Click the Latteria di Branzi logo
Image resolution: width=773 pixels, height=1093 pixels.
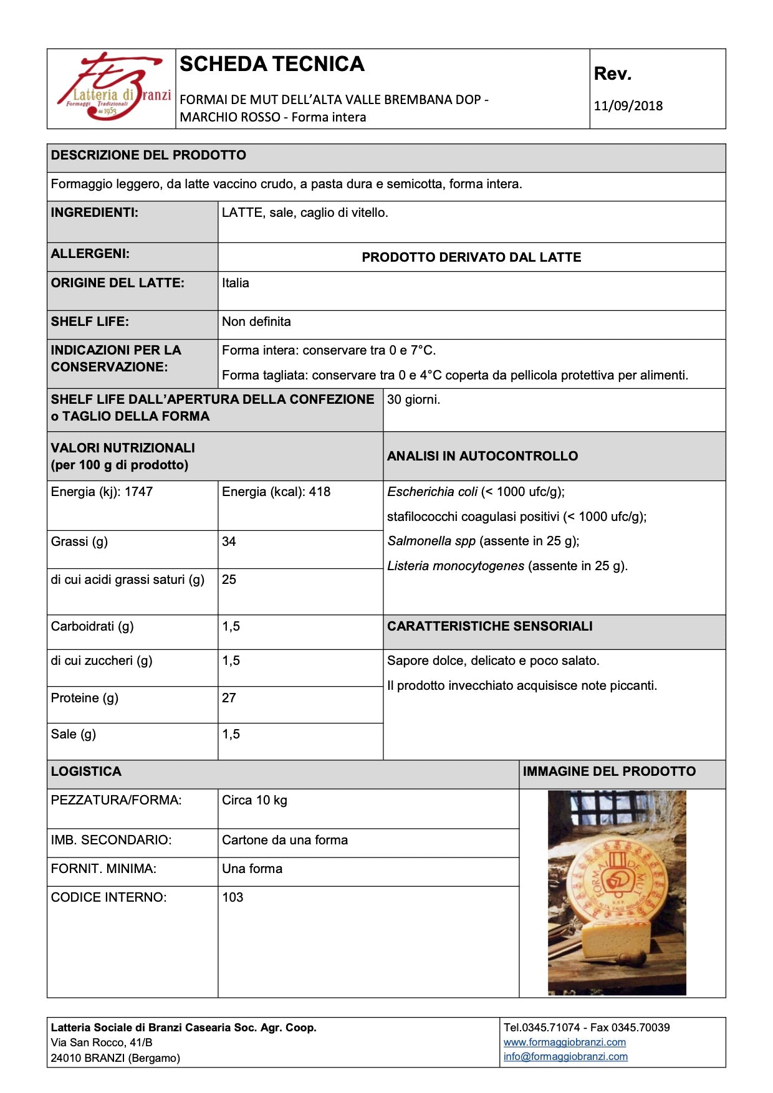pos(112,88)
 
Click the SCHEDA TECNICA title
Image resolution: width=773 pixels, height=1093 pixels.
pos(272,64)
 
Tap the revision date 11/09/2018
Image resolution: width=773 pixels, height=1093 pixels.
pos(628,106)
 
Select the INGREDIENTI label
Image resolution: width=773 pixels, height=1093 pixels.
pos(95,212)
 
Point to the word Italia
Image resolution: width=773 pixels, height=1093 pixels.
pos(236,283)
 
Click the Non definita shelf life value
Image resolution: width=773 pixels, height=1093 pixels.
pos(256,322)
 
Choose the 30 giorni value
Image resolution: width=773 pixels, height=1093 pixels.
pos(413,399)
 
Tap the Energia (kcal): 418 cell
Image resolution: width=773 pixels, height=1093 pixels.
pos(276,492)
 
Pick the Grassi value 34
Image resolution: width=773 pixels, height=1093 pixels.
pos(229,542)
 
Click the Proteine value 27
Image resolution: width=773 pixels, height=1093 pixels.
pos(229,698)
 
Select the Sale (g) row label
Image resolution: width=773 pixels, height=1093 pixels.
pos(74,734)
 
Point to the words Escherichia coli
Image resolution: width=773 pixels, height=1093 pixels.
pos(432,492)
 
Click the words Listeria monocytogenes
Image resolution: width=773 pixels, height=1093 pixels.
pos(456,566)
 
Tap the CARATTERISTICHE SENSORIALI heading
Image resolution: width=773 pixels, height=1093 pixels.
pos(490,626)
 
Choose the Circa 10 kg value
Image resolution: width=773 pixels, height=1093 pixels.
pos(254,800)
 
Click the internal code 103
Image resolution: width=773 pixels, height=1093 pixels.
pos(233,897)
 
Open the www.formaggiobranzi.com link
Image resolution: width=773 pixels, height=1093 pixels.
pos(565,1042)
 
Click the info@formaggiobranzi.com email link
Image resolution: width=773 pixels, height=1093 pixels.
pos(565,1056)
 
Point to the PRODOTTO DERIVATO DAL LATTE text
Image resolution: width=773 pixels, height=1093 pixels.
pos(471,257)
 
